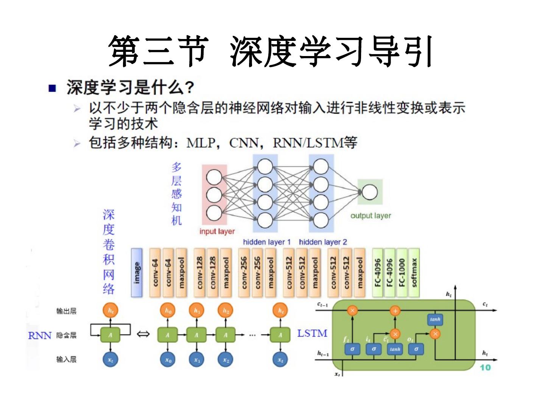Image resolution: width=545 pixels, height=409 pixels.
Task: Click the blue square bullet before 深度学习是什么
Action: [x=52, y=89]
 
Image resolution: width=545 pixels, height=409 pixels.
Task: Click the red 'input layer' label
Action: [x=217, y=231]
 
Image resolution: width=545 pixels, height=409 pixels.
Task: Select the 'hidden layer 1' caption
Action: [x=266, y=242]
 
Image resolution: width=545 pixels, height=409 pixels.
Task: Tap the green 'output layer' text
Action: [x=371, y=215]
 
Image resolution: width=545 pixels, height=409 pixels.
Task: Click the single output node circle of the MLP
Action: [x=369, y=192]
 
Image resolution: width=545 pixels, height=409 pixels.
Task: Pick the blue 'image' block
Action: [x=137, y=272]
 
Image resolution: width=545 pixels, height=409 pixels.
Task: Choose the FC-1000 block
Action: [x=402, y=272]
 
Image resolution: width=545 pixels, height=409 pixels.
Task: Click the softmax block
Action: [x=414, y=272]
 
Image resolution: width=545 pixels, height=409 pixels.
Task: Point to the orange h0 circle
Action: [x=168, y=311]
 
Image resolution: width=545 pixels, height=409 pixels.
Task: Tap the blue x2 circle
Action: [x=226, y=360]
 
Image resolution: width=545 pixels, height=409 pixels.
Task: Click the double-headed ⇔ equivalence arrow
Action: [x=143, y=334]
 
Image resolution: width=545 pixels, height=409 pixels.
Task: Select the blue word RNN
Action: [x=40, y=336]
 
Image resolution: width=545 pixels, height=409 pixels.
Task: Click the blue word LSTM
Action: [x=312, y=333]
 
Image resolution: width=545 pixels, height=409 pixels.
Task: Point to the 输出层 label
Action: [x=66, y=311]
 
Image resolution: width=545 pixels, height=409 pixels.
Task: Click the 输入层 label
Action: [x=66, y=359]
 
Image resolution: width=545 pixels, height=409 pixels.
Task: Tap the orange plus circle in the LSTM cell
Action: [x=395, y=311]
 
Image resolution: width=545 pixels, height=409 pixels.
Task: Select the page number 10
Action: [x=485, y=367]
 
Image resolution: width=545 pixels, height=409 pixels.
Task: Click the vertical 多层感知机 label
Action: [x=176, y=194]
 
